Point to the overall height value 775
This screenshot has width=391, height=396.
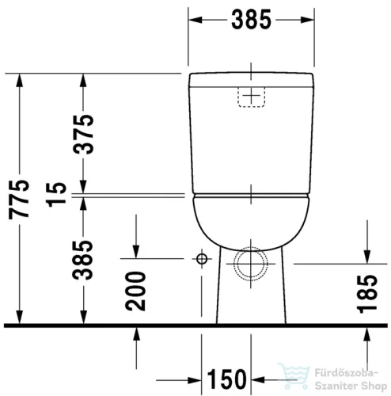point(24,199)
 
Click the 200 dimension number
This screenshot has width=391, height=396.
point(136,291)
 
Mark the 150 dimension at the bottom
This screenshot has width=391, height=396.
point(226,379)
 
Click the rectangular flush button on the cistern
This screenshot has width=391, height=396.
point(251,97)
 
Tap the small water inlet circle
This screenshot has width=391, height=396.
point(201,259)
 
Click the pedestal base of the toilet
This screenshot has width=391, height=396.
point(251,305)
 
